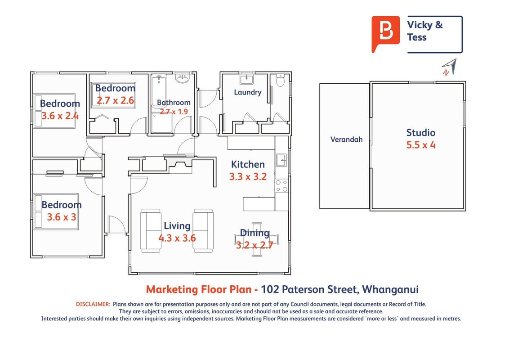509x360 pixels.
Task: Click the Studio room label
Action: coord(421,133)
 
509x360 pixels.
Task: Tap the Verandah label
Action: coord(346,139)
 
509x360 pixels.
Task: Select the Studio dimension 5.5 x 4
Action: coord(421,145)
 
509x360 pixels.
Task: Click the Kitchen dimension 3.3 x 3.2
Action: coord(248,176)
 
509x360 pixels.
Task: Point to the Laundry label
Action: coord(248,92)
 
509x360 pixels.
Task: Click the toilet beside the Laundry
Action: coord(280,80)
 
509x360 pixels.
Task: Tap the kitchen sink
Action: coord(281,160)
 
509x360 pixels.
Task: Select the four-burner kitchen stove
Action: coord(281,186)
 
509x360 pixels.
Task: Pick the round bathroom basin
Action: coord(183,78)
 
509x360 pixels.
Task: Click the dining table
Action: coord(256,239)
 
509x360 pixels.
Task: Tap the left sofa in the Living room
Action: coord(151,231)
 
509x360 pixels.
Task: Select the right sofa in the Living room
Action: coord(203,231)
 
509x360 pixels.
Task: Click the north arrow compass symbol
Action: coord(450,67)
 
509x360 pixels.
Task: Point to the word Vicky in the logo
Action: coord(420,25)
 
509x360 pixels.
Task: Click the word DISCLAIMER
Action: coord(93,305)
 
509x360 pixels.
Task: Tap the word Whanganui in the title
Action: coord(390,289)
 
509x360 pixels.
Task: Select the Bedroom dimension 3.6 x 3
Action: coord(62,217)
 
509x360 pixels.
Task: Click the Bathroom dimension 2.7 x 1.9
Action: coord(174,112)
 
